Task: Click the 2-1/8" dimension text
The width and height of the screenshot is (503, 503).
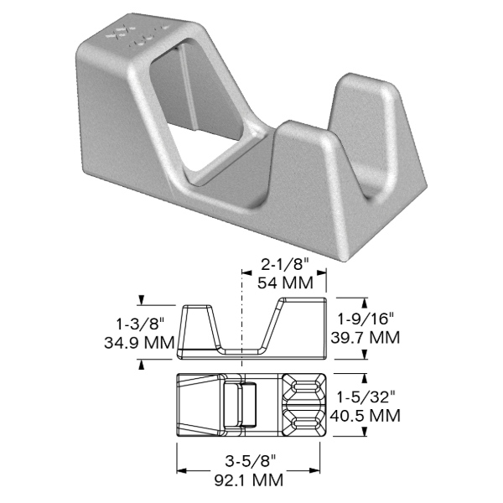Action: [x=284, y=266]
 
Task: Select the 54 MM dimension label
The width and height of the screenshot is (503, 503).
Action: [x=285, y=283]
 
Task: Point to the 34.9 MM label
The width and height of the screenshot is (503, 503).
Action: [x=139, y=343]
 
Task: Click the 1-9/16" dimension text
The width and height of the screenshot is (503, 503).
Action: [x=366, y=319]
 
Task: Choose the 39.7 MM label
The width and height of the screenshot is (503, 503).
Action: [x=366, y=338]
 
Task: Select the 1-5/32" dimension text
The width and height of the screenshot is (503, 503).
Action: [x=366, y=397]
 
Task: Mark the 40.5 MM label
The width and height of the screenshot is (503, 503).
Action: [x=366, y=416]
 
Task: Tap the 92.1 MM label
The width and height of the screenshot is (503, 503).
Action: [x=249, y=480]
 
